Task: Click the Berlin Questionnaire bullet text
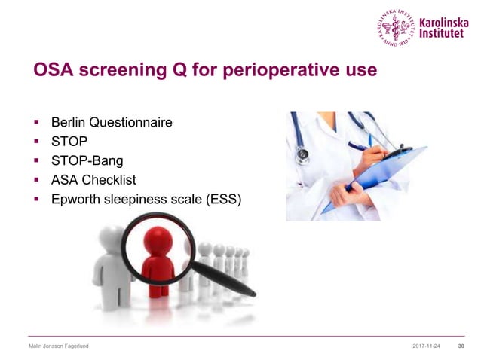[x=111, y=122]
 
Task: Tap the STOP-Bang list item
[x=84, y=161]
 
